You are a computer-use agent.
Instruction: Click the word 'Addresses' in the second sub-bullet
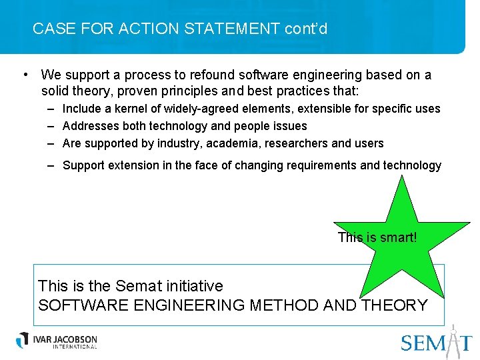pos(91,125)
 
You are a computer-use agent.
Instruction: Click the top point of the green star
pos(402,177)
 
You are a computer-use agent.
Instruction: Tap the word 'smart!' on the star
pos(398,237)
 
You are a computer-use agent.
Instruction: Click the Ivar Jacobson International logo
pos(57,340)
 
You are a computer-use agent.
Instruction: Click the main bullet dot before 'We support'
pos(24,75)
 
